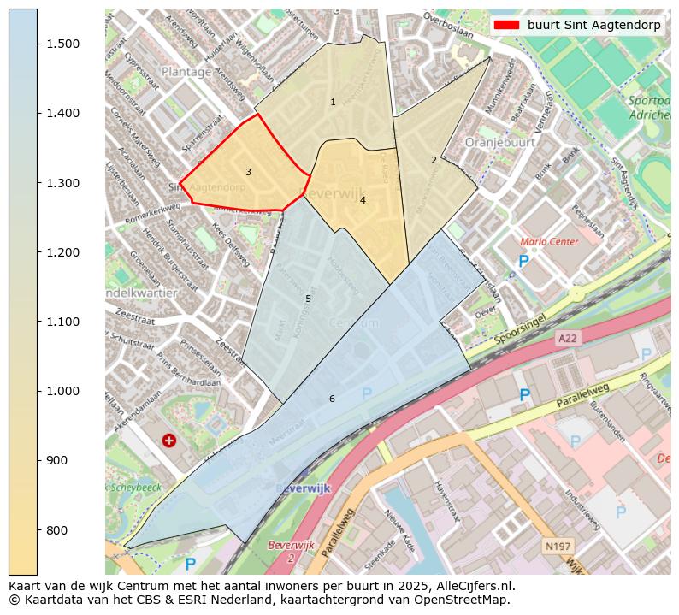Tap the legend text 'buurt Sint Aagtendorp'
pos(593,26)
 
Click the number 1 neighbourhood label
pos(333,103)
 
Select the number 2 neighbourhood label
pos(434,160)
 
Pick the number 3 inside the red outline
pos(248,172)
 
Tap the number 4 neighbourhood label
pos(363,200)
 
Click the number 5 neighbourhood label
pos(308,299)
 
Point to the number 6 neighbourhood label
pos(332,399)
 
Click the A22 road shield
pos(568,339)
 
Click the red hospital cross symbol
pos(169,440)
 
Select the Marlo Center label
pos(549,242)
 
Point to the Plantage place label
pos(186,72)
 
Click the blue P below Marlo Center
pos(523,262)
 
